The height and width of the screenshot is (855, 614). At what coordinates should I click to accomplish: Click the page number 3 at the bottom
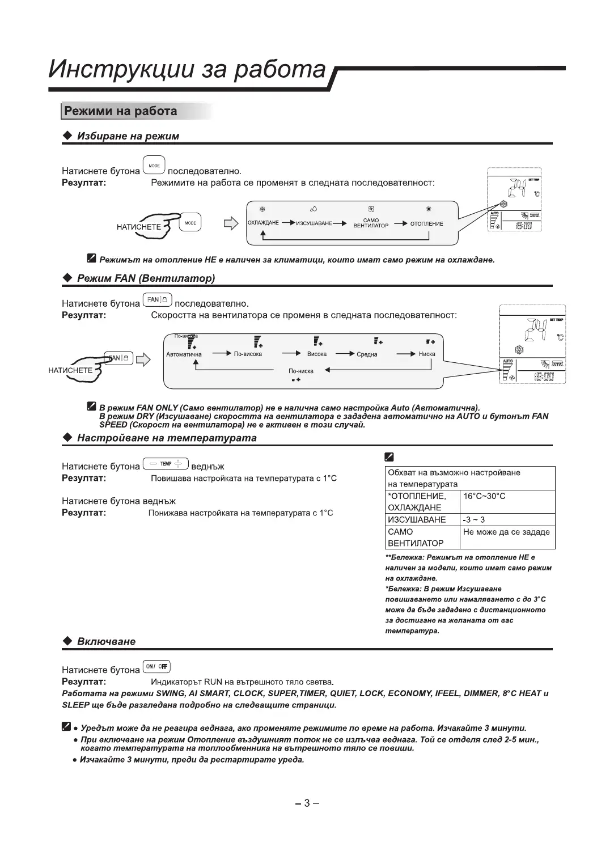[x=307, y=803]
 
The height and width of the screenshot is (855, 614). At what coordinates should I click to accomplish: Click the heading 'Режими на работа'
[x=120, y=111]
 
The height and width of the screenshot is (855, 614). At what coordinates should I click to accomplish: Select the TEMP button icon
[x=166, y=464]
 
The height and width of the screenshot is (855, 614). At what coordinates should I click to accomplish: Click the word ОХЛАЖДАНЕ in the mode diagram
[x=263, y=223]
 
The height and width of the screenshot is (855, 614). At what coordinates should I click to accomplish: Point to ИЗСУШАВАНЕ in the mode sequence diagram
[x=314, y=223]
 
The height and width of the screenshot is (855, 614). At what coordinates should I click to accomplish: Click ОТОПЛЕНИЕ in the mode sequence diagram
[x=426, y=223]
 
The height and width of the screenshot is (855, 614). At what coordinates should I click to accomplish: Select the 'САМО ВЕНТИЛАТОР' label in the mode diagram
[x=371, y=223]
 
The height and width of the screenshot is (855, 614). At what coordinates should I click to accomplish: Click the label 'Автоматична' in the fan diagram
[x=184, y=354]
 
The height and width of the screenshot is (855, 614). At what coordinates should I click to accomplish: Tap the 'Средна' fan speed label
[x=367, y=354]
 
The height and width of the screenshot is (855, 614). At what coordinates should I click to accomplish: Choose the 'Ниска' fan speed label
[x=427, y=354]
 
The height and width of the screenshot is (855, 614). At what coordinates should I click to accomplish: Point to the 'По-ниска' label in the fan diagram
[x=300, y=371]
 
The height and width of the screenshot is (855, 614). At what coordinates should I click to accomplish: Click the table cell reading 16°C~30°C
[x=484, y=496]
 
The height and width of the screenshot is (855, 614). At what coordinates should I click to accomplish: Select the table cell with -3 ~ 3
[x=474, y=519]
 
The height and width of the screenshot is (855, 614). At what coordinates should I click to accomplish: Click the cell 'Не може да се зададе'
[x=506, y=532]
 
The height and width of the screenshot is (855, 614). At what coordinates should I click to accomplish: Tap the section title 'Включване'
[x=106, y=641]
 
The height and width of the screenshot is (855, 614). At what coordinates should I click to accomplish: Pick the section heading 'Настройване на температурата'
[x=167, y=438]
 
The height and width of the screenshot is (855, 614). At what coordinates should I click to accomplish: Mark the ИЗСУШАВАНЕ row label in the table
[x=417, y=519]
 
